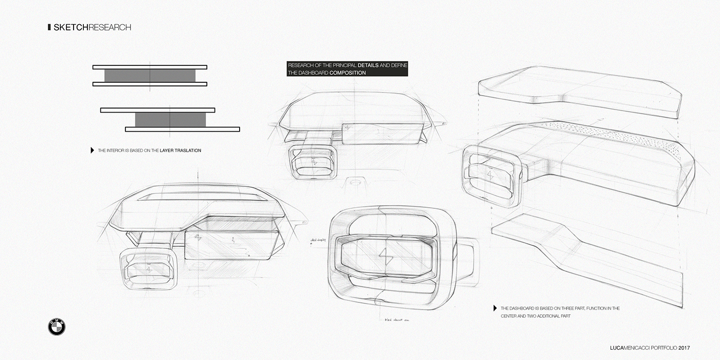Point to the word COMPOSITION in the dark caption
coord(348,73)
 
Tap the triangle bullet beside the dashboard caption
coord(495,308)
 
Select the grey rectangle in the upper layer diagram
coord(150,76)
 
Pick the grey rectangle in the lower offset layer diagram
coord(170,119)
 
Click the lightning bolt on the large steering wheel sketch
coord(383,255)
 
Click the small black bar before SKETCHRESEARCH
coord(49,27)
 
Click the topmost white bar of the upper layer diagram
coord(150,67)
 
